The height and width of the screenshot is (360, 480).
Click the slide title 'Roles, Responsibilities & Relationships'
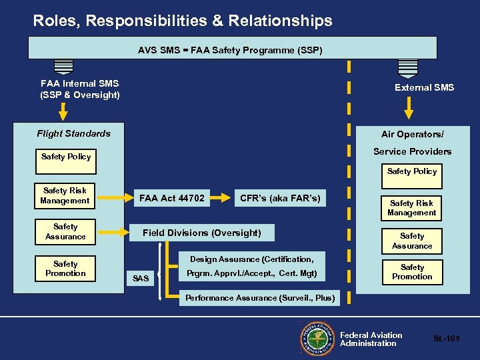point(183,21)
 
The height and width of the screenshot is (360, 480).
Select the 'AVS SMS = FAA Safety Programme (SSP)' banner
point(231,49)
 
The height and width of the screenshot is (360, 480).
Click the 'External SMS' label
point(424,87)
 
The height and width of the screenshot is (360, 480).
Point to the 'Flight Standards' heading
point(73,133)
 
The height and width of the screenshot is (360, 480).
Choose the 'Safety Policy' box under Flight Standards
point(66,157)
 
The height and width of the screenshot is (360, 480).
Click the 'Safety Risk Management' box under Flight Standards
point(65,195)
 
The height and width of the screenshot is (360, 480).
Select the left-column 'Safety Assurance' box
point(65,232)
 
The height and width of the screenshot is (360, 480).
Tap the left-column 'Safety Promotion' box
point(65,269)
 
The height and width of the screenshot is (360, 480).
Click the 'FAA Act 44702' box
point(172,198)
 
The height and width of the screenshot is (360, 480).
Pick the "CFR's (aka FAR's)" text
point(280,198)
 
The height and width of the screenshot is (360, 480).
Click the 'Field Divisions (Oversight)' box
point(202,233)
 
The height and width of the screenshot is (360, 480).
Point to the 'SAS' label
point(141,278)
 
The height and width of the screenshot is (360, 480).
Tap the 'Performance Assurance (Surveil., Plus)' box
point(259,298)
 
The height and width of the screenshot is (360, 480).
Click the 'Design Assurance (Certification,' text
point(251,259)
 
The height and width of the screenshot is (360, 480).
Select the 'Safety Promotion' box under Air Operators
point(412,271)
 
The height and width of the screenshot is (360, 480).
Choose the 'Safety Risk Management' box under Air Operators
point(411,208)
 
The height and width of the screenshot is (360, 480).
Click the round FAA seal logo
point(318,340)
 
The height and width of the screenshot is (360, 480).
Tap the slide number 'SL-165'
point(447,339)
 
